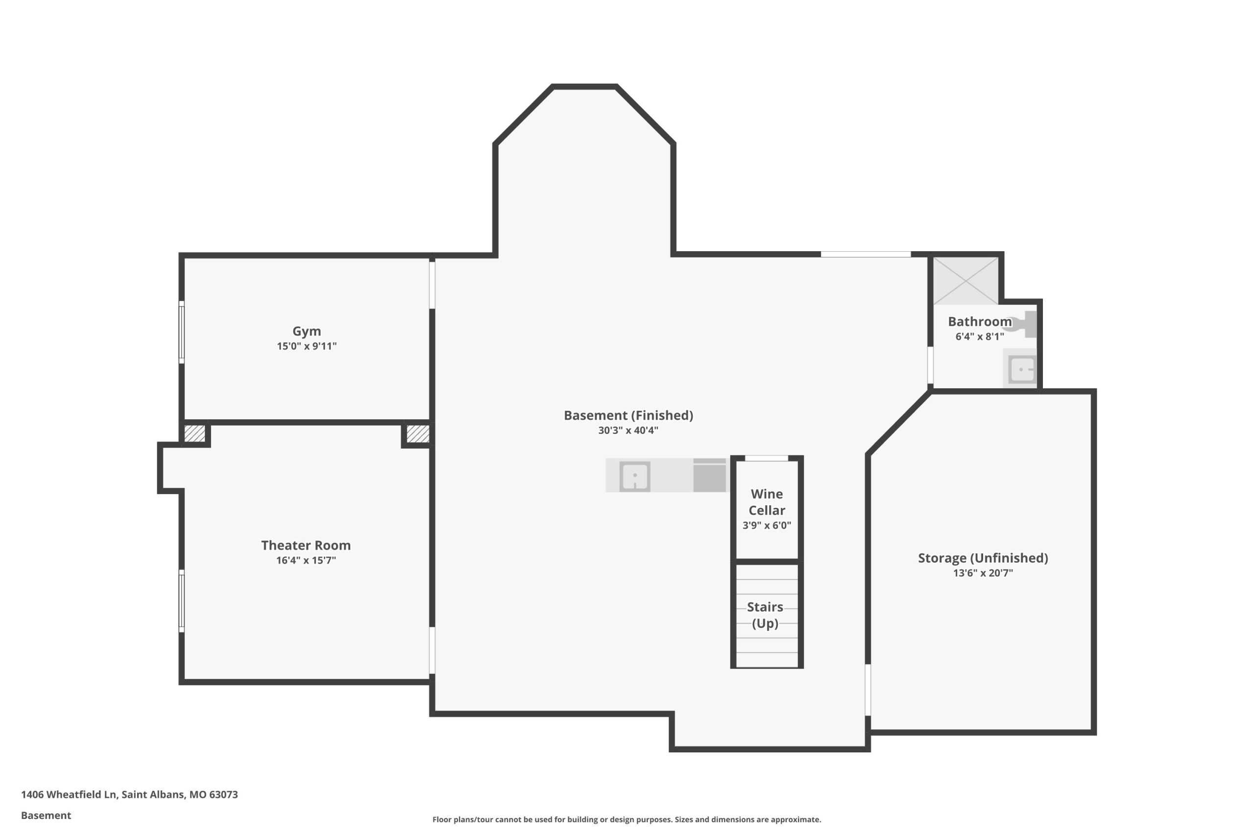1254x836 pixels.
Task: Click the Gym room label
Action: (x=307, y=331)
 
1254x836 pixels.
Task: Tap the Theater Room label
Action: (x=306, y=546)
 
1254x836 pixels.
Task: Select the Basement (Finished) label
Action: (x=628, y=415)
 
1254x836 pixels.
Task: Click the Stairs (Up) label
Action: (x=765, y=615)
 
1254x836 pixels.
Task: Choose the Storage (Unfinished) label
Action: (x=983, y=558)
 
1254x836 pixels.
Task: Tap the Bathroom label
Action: (x=980, y=321)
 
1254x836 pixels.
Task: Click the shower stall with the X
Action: (x=965, y=281)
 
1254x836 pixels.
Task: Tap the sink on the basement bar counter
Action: (x=634, y=476)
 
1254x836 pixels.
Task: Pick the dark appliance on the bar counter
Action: (x=710, y=475)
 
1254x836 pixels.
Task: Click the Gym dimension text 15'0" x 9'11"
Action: (x=307, y=347)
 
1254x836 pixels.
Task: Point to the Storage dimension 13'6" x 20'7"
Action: (x=983, y=573)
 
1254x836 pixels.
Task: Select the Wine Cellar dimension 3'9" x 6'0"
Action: (x=767, y=525)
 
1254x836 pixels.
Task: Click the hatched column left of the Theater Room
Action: (x=194, y=433)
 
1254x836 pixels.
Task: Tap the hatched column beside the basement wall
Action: (x=417, y=433)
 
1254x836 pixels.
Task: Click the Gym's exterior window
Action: (x=181, y=332)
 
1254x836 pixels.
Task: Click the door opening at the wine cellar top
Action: (x=766, y=458)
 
